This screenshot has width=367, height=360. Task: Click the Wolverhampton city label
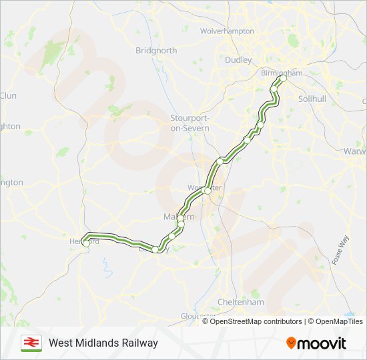coord(227,31)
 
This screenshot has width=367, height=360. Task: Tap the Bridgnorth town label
coord(156,51)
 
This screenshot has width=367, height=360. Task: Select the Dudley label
coord(238,59)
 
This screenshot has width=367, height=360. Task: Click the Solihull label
coord(312,98)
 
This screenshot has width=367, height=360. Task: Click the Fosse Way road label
coord(340,251)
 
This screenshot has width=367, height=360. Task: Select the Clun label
coord(8,95)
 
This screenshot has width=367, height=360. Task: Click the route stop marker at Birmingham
coord(282,79)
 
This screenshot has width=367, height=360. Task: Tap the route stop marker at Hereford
coord(85,244)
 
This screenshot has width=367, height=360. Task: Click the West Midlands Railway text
coord(103,343)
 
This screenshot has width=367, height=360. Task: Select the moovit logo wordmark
coord(322,343)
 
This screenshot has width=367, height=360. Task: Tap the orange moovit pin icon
coord(291,343)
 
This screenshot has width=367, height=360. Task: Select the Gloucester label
coord(198,316)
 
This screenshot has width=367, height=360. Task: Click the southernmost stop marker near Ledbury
coord(155,249)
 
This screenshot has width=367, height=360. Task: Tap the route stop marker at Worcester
coord(208,191)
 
